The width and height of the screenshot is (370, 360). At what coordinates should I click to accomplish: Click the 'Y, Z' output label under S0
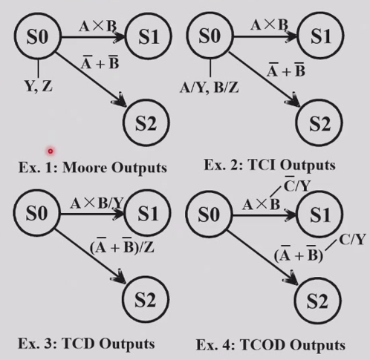pos(39,86)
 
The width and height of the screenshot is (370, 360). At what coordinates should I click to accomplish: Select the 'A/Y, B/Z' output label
pos(210,88)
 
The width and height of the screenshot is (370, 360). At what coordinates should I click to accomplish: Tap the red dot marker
pos(51,151)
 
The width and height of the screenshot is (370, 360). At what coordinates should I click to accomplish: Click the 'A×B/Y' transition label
pos(97,203)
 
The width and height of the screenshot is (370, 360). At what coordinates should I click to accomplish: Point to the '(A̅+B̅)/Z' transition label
pos(122,246)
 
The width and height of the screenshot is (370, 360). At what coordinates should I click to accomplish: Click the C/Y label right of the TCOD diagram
pos(352,240)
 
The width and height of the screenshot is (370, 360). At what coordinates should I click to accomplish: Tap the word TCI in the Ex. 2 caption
pos(262,165)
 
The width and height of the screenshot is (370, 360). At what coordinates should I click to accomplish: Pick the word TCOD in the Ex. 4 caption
pos(262,344)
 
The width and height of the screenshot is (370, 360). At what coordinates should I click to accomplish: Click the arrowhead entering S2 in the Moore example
pos(120,100)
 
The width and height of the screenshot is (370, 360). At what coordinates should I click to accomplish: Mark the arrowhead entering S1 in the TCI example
pos(291,36)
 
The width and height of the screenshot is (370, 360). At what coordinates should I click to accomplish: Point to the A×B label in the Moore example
pos(97,26)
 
